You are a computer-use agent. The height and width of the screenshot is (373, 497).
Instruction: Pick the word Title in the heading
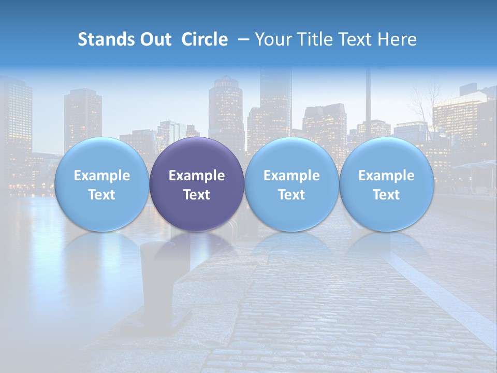(x=314, y=39)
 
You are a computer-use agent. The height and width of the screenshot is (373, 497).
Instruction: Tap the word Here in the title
(x=397, y=39)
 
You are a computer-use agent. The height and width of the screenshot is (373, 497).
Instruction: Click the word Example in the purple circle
(x=197, y=176)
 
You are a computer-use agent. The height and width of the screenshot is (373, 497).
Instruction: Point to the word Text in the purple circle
(x=197, y=195)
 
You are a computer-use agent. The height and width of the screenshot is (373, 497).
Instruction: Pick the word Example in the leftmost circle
(x=102, y=176)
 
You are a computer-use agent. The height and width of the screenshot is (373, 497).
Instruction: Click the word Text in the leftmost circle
(x=102, y=195)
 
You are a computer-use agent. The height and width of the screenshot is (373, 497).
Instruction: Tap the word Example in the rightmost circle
(x=386, y=176)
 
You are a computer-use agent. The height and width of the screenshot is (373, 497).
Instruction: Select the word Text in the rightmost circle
(x=386, y=195)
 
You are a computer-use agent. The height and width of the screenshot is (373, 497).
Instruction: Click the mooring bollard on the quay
(x=156, y=280)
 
